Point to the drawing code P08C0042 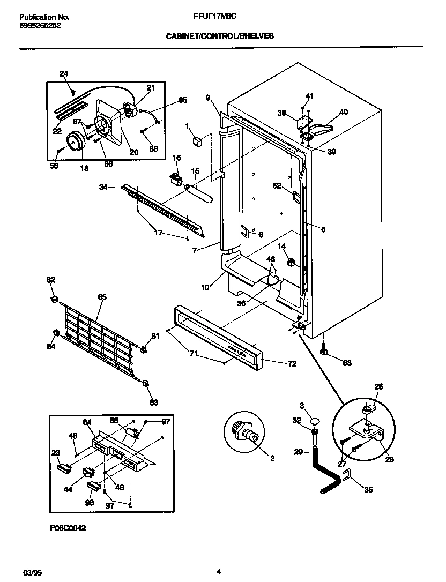pos(69,527)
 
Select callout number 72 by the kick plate pos(292,364)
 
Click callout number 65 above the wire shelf pos(102,297)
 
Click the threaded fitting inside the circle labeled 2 pos(248,433)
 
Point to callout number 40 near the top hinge pos(344,112)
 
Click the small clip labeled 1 pos(196,141)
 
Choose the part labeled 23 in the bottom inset pos(64,468)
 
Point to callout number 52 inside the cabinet pos(277,186)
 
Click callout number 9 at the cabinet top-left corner pos(207,98)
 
